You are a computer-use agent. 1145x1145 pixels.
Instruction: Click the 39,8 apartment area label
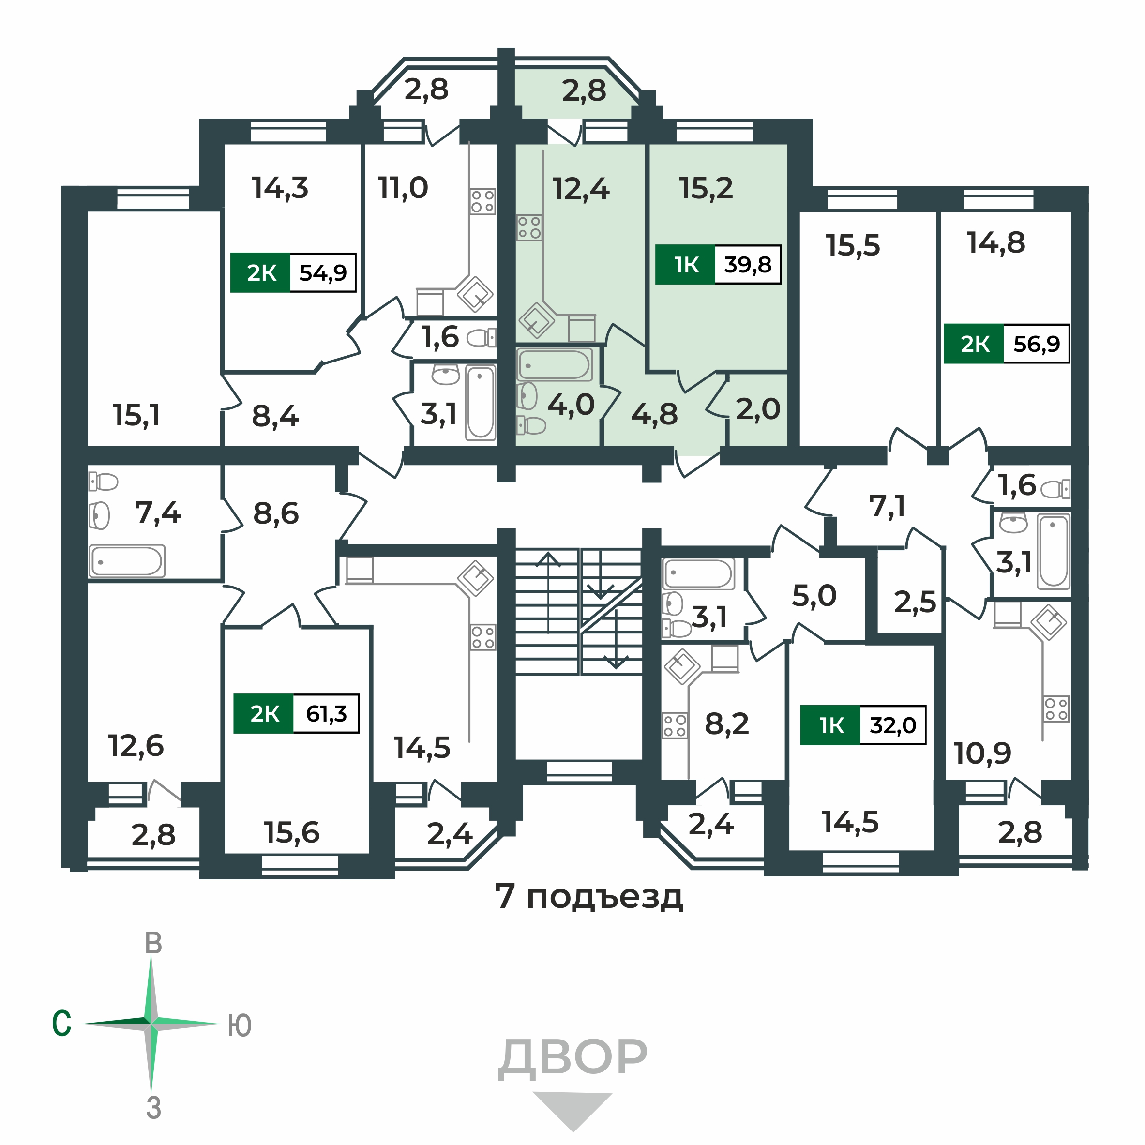(747, 264)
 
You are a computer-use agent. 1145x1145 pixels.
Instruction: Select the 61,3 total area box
(326, 713)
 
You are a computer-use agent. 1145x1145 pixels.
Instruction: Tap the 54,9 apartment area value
(322, 272)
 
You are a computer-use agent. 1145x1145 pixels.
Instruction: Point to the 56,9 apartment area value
(1036, 344)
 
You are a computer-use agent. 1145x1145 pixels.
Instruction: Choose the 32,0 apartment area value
(892, 725)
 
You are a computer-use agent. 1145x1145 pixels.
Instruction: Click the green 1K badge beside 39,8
(686, 264)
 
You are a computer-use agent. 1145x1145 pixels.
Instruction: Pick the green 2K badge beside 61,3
(264, 713)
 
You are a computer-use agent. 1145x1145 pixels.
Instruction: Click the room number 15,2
(706, 188)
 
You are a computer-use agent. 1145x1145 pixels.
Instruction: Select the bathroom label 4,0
(570, 405)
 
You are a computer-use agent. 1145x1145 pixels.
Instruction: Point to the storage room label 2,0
(758, 409)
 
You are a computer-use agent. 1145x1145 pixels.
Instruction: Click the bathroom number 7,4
(158, 512)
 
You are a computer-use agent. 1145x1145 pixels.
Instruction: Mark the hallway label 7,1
(887, 507)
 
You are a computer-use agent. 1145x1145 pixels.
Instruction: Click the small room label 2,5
(915, 603)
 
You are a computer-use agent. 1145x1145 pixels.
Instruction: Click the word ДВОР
(572, 1058)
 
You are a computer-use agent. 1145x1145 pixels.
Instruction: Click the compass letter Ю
(240, 1025)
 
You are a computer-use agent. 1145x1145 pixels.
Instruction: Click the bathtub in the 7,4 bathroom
(127, 561)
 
